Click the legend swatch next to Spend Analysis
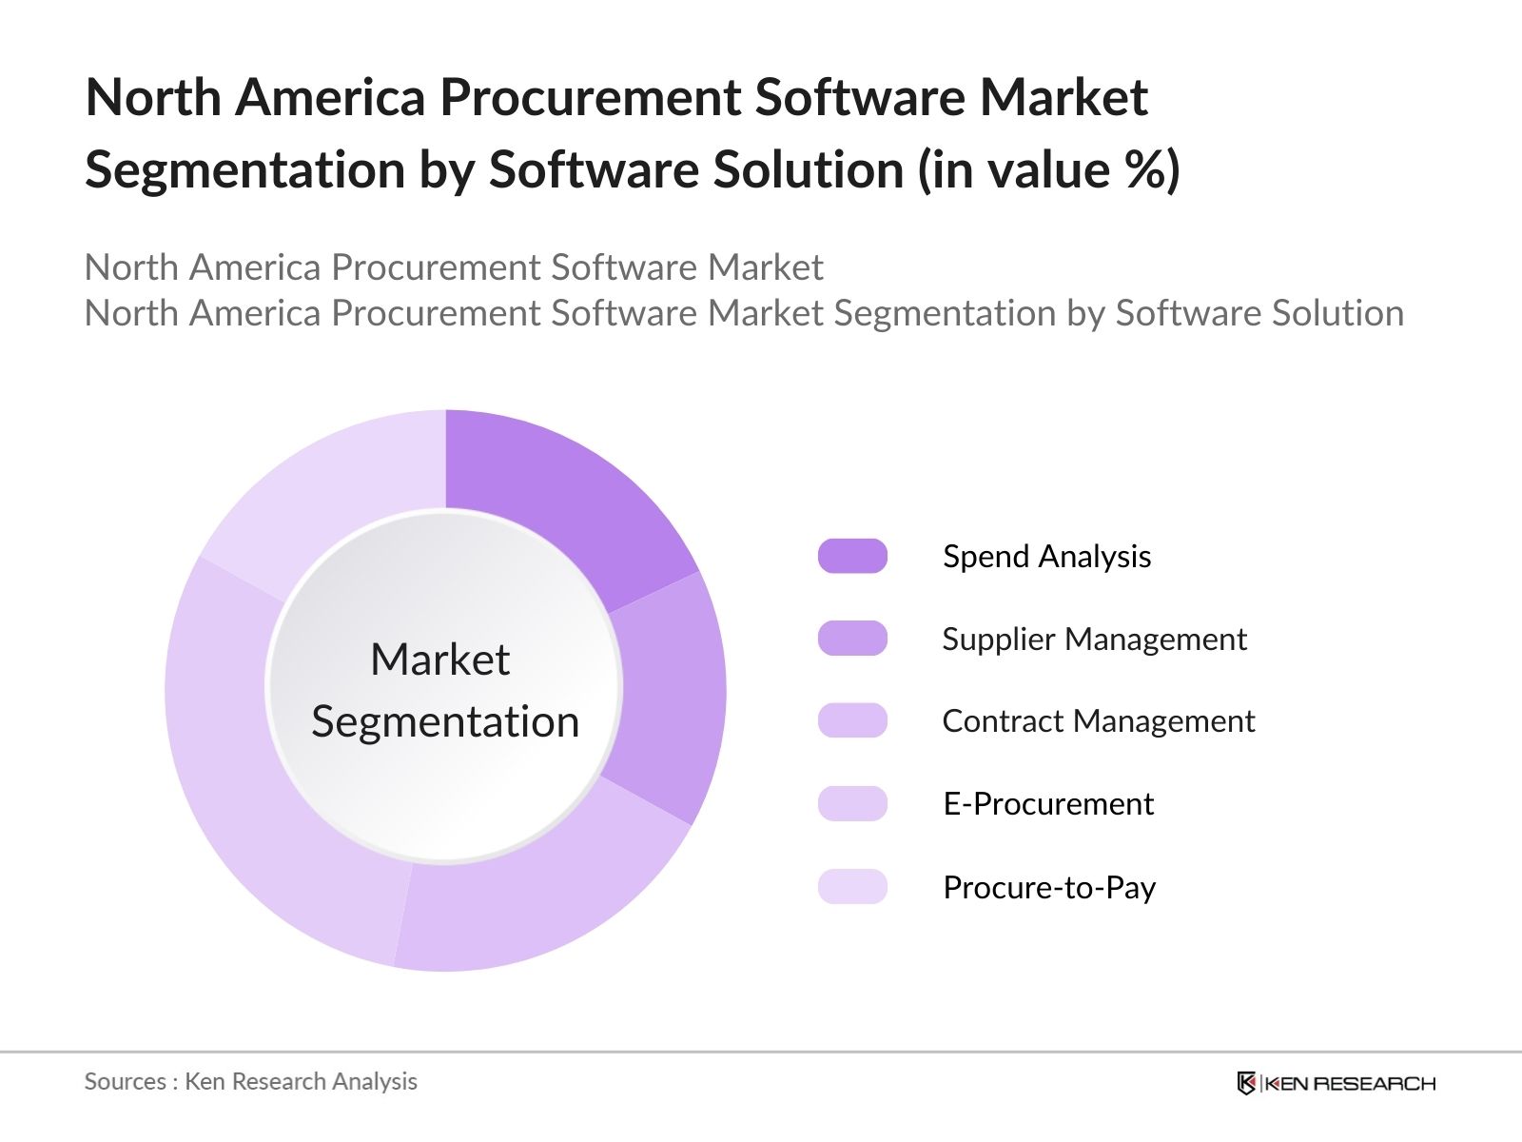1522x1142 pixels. click(852, 556)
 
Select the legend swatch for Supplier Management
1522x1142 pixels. click(852, 639)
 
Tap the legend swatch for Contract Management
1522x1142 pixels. click(852, 720)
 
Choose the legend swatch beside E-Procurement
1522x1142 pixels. click(852, 803)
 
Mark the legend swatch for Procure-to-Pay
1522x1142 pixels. click(852, 886)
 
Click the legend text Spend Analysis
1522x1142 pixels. click(1046, 557)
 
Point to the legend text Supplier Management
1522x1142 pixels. click(1094, 639)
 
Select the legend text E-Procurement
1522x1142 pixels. click(1048, 804)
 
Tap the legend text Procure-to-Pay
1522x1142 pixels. click(1049, 887)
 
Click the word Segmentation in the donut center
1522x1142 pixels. click(445, 721)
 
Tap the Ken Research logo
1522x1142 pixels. click(1336, 1083)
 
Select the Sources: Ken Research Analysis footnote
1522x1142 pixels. click(251, 1081)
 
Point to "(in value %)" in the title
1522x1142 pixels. click(1049, 170)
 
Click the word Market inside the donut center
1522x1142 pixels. click(440, 659)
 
